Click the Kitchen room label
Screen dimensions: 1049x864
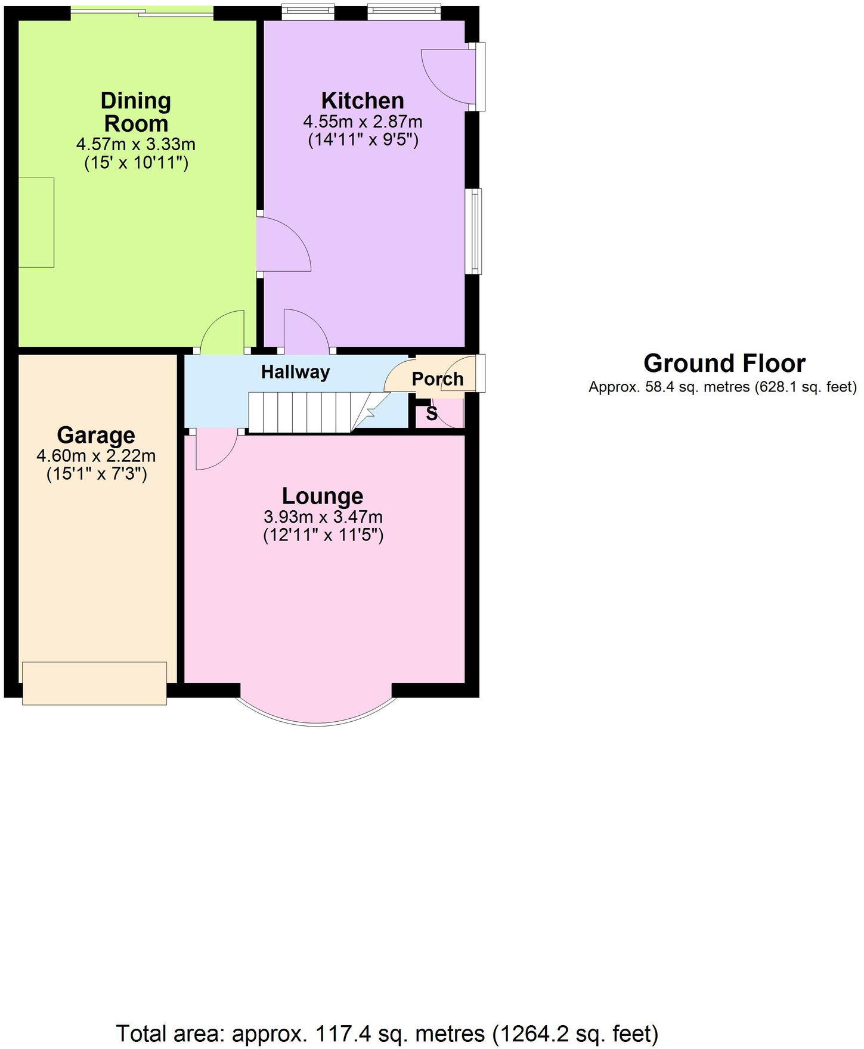pyautogui.click(x=363, y=100)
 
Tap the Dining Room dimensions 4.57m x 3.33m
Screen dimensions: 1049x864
pyautogui.click(x=135, y=144)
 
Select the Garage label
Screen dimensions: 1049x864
pyautogui.click(x=96, y=436)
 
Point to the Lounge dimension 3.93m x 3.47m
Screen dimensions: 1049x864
pyautogui.click(x=323, y=517)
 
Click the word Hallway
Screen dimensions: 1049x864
pyautogui.click(x=295, y=373)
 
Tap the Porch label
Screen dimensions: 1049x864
pyautogui.click(x=437, y=379)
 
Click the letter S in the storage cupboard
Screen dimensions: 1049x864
pyautogui.click(x=432, y=414)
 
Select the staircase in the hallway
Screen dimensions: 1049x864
pyautogui.click(x=301, y=412)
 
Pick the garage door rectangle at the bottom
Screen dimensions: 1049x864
pyautogui.click(x=94, y=683)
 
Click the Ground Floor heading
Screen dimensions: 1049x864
pyautogui.click(x=724, y=364)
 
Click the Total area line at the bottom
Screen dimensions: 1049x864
pyautogui.click(x=388, y=1033)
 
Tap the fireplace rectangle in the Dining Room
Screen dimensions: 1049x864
pyautogui.click(x=36, y=222)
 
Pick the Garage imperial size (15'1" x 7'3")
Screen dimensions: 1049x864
pyautogui.click(x=97, y=475)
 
